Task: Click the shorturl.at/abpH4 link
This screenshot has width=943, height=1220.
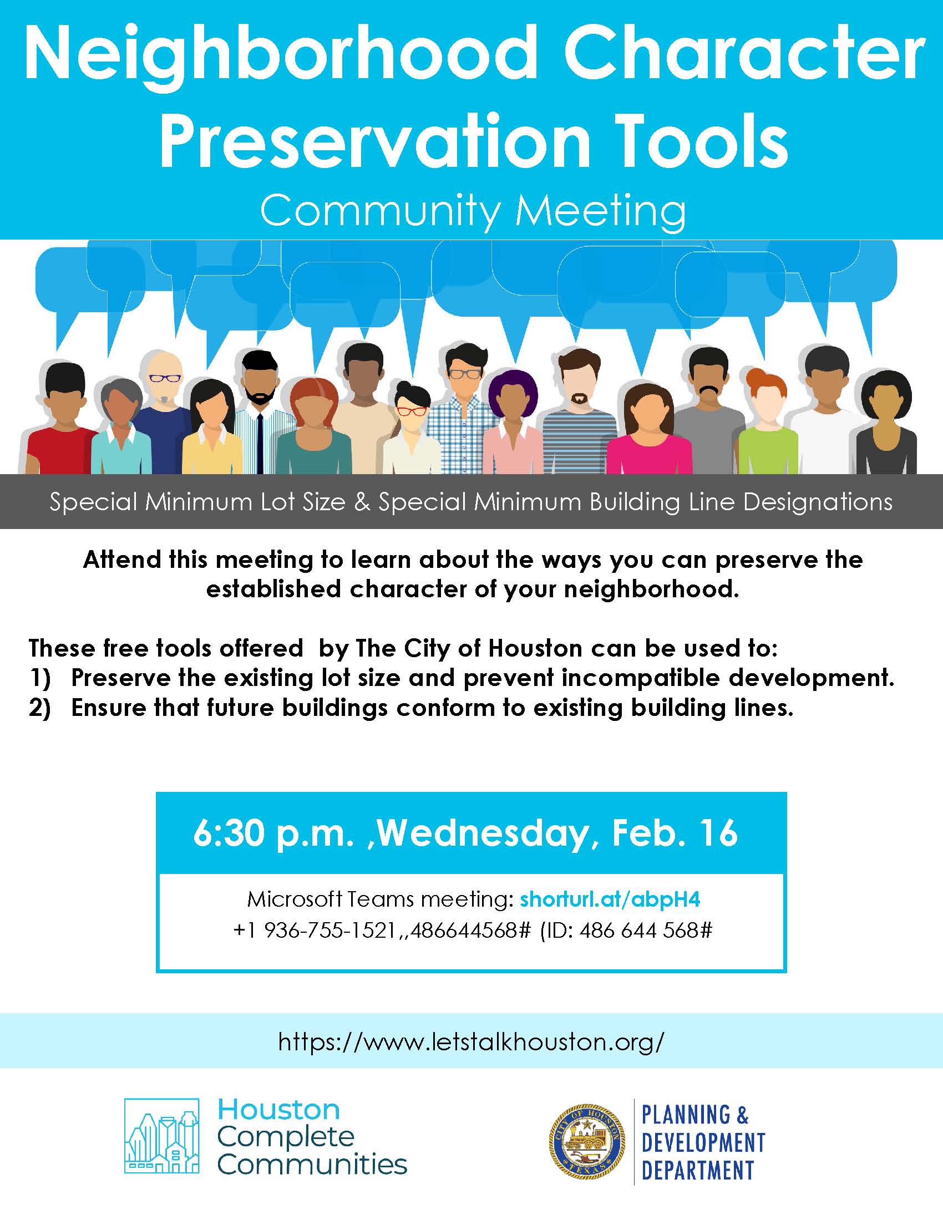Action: [610, 899]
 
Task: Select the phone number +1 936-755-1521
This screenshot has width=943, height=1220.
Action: [315, 930]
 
